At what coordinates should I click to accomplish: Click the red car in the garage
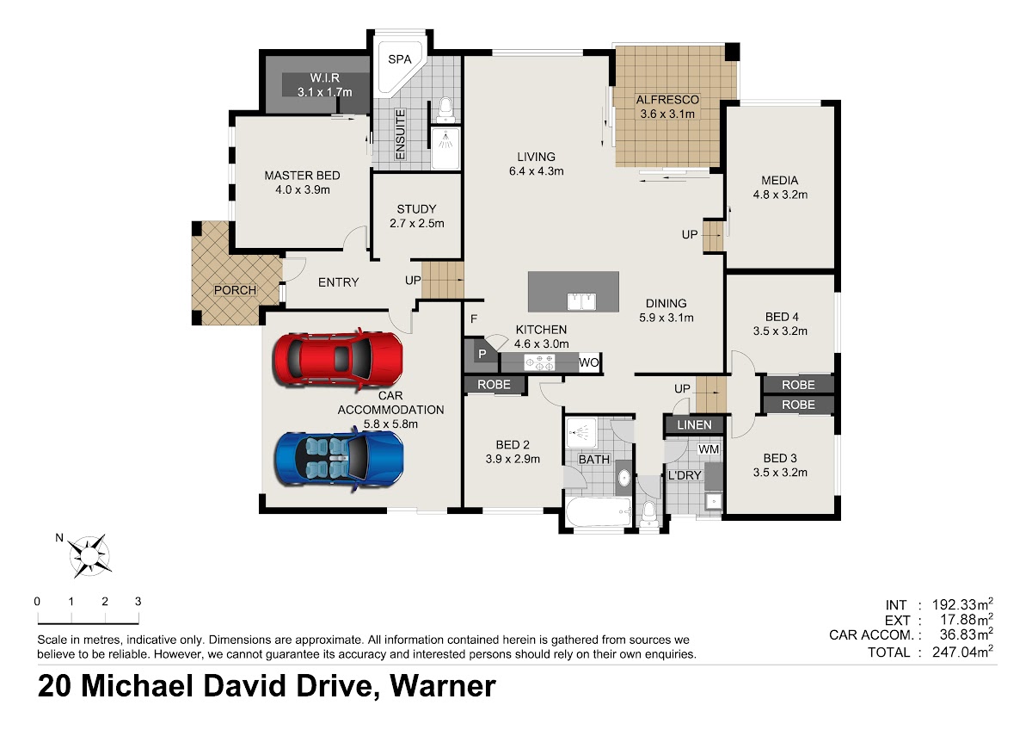pyautogui.click(x=338, y=359)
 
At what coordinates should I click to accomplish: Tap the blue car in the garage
pyautogui.click(x=339, y=458)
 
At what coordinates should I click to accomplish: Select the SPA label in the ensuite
pyautogui.click(x=399, y=59)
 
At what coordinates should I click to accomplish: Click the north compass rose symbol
pyautogui.click(x=89, y=556)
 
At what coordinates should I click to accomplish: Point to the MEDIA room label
pyautogui.click(x=779, y=180)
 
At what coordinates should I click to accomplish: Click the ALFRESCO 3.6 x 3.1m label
pyautogui.click(x=667, y=107)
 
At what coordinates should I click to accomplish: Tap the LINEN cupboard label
pyautogui.click(x=694, y=424)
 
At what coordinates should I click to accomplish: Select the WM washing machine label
pyautogui.click(x=709, y=449)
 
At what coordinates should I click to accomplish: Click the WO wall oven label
pyautogui.click(x=589, y=362)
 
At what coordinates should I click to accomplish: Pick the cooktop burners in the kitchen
pyautogui.click(x=539, y=362)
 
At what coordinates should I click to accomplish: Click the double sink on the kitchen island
pyautogui.click(x=581, y=301)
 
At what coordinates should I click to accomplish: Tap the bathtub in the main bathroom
pyautogui.click(x=599, y=511)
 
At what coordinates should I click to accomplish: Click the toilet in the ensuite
pyautogui.click(x=445, y=108)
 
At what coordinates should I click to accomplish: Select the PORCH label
pyautogui.click(x=235, y=290)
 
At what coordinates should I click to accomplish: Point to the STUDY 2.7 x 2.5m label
pyautogui.click(x=417, y=216)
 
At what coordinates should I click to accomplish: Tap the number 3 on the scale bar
pyautogui.click(x=138, y=602)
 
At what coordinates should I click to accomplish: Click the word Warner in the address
pyautogui.click(x=443, y=686)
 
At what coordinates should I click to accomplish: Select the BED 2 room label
pyautogui.click(x=513, y=445)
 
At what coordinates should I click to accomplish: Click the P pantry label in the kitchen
pyautogui.click(x=482, y=354)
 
